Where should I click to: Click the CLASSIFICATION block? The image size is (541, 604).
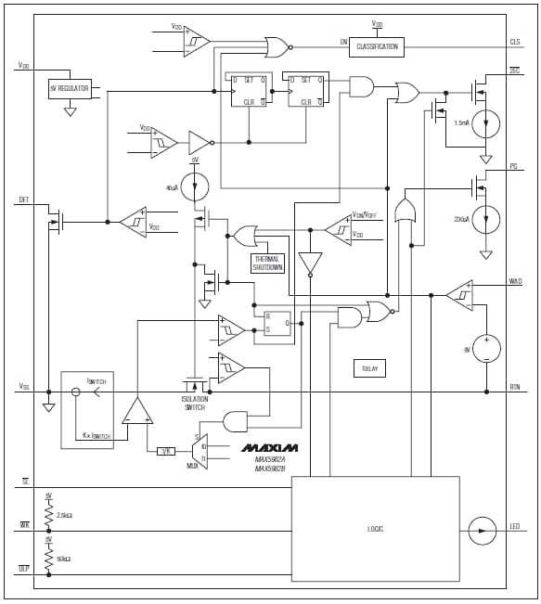pyautogui.click(x=377, y=45)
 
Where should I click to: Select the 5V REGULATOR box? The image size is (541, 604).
pyautogui.click(x=70, y=89)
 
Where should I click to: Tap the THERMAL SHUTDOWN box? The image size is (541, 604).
pyautogui.click(x=267, y=263)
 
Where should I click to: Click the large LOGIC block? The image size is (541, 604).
pyautogui.click(x=375, y=528)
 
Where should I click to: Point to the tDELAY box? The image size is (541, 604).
pyautogui.click(x=370, y=367)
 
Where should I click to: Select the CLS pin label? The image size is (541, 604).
pyautogui.click(x=515, y=43)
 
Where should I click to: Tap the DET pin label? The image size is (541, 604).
pyautogui.click(x=23, y=199)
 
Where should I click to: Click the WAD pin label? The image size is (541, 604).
pyautogui.click(x=515, y=281)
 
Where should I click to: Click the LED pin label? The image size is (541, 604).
pyautogui.click(x=515, y=529)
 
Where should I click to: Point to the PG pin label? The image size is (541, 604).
pyautogui.click(x=513, y=166)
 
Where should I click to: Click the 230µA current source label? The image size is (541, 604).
pyautogui.click(x=460, y=219)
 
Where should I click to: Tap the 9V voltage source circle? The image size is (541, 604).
pyautogui.click(x=486, y=349)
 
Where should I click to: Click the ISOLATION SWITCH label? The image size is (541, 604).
pyautogui.click(x=194, y=404)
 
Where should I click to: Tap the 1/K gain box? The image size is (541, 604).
pyautogui.click(x=166, y=451)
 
